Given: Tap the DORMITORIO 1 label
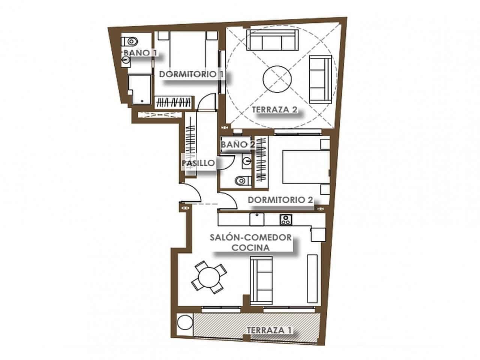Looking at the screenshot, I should coord(192,74).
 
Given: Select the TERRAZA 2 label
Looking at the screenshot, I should coord(275,110).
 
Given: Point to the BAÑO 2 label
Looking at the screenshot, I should coord(235,144).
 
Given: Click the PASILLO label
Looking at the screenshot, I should coord(198,163).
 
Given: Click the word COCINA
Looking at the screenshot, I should coord(250,247).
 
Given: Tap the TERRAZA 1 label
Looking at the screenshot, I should coord(269,330).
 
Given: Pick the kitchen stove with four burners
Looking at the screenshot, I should coord(286,219).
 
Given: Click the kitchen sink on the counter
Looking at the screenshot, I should coord(257,219).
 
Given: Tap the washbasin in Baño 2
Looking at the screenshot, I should coord(246,161).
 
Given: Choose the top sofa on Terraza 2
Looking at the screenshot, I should coord(272,40).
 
